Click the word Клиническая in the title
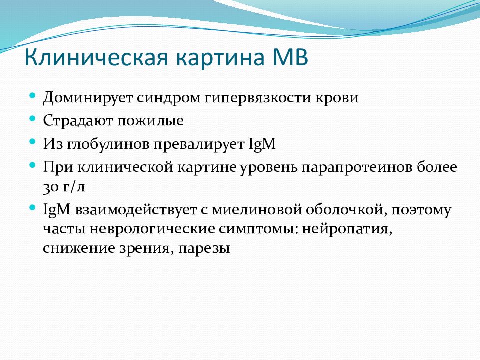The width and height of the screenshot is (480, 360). [x=96, y=57]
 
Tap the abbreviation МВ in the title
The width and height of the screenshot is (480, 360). [x=290, y=57]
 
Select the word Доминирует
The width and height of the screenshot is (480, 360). [x=88, y=98]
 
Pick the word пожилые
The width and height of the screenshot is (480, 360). [x=151, y=121]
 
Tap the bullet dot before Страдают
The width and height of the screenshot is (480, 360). [x=33, y=118]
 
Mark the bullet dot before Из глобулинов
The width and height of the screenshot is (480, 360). [x=33, y=142]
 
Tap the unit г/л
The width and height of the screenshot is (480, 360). [x=74, y=187]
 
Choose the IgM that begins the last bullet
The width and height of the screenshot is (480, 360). [x=57, y=210]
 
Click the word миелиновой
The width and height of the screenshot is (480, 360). [x=257, y=210]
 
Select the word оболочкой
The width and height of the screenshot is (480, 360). [x=346, y=210]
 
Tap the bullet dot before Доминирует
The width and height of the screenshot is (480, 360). [x=33, y=95]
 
